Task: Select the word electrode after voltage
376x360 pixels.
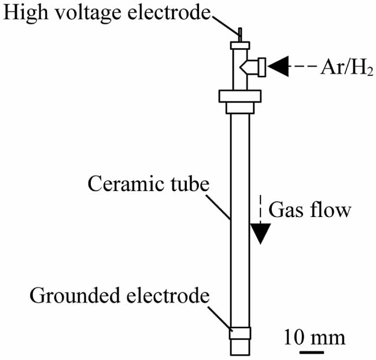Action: pos(168,13)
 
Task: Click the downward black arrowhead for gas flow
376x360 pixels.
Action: pos(261,233)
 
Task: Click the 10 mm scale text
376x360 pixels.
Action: pos(315,337)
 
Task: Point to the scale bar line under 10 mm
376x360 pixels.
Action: pos(311,351)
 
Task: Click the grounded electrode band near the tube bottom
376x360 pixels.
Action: pos(240,333)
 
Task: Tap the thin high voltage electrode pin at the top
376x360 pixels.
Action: pos(239,34)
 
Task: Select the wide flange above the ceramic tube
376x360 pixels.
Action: pos(239,96)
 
